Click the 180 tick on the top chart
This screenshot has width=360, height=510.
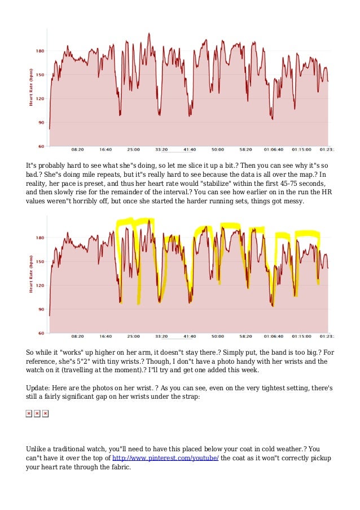click(x=40, y=51)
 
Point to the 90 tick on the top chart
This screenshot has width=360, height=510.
click(x=41, y=123)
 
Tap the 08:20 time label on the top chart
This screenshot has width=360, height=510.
click(x=78, y=150)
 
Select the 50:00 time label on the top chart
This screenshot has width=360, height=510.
click(x=217, y=150)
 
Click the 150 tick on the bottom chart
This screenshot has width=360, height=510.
click(x=40, y=262)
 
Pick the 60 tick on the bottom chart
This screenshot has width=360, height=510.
click(x=41, y=333)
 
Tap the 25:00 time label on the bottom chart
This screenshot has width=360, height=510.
click(x=133, y=337)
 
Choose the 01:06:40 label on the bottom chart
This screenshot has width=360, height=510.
click(x=273, y=337)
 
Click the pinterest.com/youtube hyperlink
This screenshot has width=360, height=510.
click(x=165, y=458)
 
